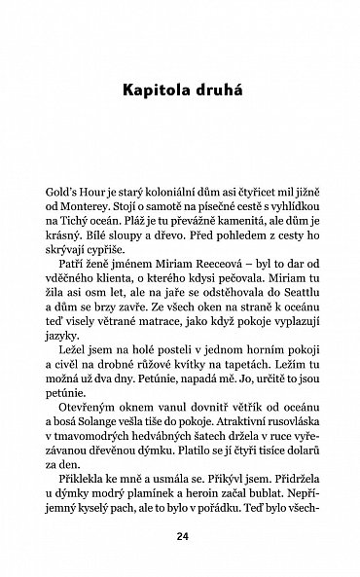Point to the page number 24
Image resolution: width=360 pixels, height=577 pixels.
click(x=181, y=535)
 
